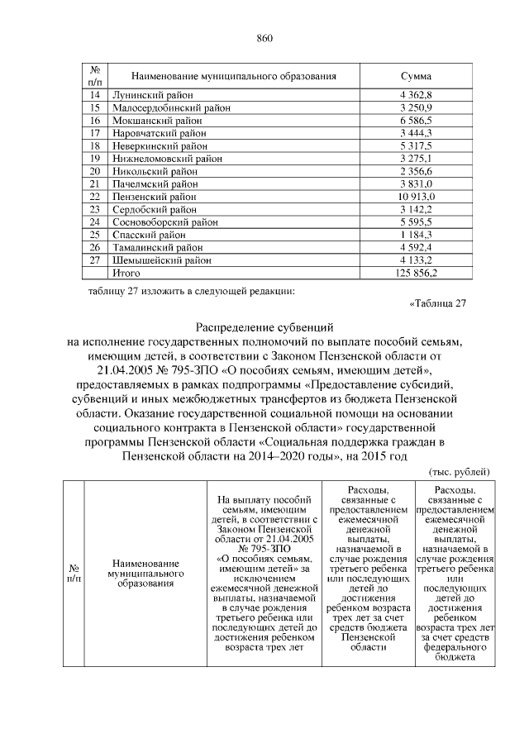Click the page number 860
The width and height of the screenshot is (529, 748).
coord(264,38)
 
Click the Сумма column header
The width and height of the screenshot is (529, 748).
coord(416,76)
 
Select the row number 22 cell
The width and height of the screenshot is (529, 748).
coord(95,197)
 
